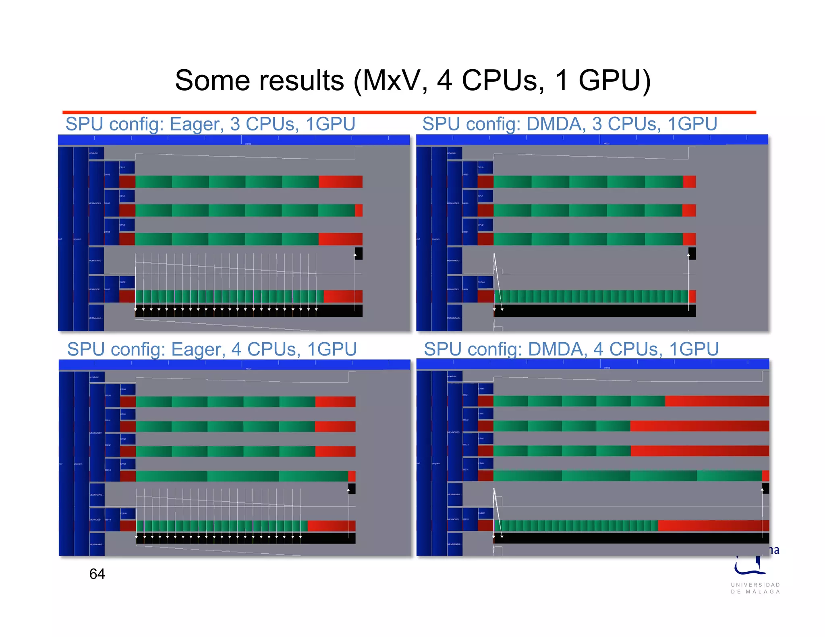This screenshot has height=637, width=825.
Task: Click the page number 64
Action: point(97,574)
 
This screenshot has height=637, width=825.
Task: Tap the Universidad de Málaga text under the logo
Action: point(756,588)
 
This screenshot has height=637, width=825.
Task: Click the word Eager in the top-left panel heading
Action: point(196,124)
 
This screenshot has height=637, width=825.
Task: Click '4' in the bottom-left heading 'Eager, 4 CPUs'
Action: point(236,349)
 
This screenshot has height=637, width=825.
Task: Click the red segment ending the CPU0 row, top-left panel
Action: point(340,182)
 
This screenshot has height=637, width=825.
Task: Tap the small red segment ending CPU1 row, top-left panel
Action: point(359,210)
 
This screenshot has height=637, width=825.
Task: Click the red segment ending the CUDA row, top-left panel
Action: point(343,296)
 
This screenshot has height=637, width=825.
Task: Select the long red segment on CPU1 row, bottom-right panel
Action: point(699,426)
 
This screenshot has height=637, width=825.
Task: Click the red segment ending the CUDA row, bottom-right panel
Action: point(713,525)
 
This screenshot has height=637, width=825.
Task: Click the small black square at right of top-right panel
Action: point(692,253)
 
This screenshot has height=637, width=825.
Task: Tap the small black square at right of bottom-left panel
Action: point(352,489)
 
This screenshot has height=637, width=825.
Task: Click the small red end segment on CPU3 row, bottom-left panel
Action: point(352,476)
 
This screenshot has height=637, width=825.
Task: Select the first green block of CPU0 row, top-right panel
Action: point(512,182)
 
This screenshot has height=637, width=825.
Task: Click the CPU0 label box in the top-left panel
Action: point(126,167)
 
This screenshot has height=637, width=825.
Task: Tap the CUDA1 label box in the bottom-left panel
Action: point(127,513)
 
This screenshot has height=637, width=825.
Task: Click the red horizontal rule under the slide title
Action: point(409,112)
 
